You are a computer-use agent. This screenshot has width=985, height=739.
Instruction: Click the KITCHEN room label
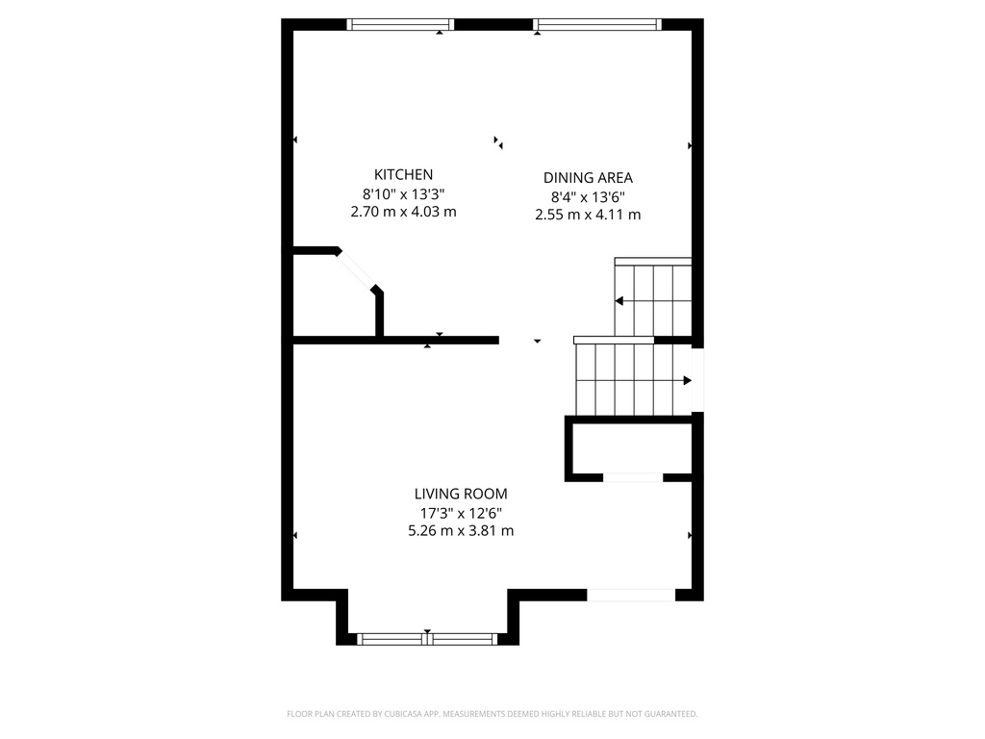[403, 174]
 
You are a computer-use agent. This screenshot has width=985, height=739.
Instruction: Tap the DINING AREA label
[588, 177]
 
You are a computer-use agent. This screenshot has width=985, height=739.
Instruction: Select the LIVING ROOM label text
[461, 494]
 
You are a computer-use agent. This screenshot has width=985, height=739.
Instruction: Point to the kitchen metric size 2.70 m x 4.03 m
[403, 212]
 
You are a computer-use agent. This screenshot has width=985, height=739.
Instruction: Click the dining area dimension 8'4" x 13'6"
[588, 196]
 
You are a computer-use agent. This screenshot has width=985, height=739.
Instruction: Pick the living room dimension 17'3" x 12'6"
[461, 513]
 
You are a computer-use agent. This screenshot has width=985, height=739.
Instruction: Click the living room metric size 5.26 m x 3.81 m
[461, 530]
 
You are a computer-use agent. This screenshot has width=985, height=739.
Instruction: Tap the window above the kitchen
[400, 25]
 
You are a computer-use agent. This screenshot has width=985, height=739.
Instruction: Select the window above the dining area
[597, 25]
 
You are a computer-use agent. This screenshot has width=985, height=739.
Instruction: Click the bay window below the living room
[427, 638]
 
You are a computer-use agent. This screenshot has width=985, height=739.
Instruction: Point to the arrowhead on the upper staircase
[619, 301]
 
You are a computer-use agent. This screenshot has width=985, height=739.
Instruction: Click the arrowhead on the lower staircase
[687, 380]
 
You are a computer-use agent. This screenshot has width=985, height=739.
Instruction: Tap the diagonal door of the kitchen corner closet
[357, 270]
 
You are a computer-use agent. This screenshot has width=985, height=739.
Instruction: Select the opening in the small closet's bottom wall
[633, 477]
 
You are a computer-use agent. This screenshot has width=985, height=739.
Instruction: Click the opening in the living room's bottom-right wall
[631, 595]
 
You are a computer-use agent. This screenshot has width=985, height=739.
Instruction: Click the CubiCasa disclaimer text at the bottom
[492, 714]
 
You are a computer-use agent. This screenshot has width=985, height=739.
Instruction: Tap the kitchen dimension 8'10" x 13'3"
[403, 193]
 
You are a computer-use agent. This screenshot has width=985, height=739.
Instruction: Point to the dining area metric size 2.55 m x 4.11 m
[588, 215]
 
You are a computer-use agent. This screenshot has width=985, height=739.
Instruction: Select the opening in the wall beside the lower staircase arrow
[697, 380]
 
